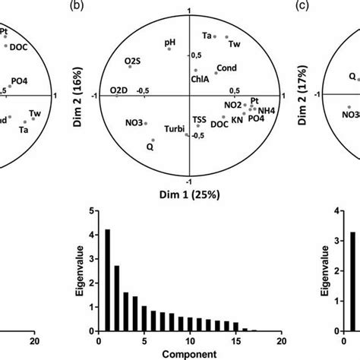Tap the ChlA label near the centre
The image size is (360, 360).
(201, 77)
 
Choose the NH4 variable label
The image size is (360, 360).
(268, 109)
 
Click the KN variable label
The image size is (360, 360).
(237, 119)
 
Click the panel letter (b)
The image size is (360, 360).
(96, 7)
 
